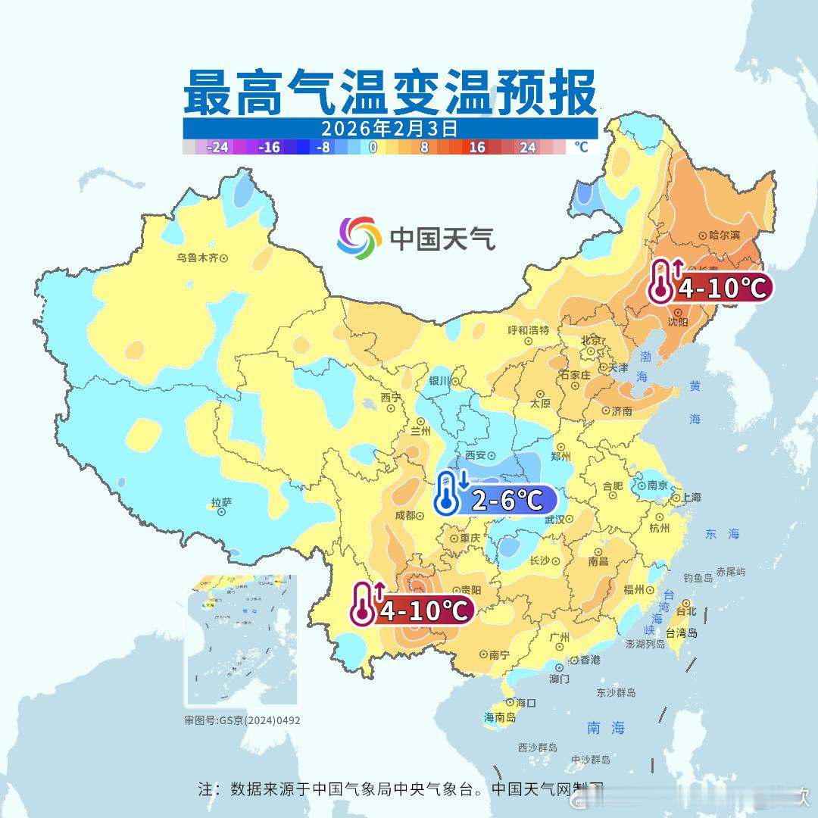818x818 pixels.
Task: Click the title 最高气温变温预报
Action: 389,92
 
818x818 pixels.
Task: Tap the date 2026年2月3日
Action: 389,127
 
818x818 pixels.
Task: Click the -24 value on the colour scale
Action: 218,147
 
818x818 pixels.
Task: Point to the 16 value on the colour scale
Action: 476,147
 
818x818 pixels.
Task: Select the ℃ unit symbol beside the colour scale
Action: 581,147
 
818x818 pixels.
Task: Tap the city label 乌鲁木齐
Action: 198,258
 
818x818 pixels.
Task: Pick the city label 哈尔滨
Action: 724,236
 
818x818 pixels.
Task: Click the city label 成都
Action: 405,516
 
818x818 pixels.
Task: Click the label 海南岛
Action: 500,717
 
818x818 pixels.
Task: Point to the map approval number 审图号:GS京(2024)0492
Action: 242,720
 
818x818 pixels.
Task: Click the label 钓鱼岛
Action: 698,578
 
